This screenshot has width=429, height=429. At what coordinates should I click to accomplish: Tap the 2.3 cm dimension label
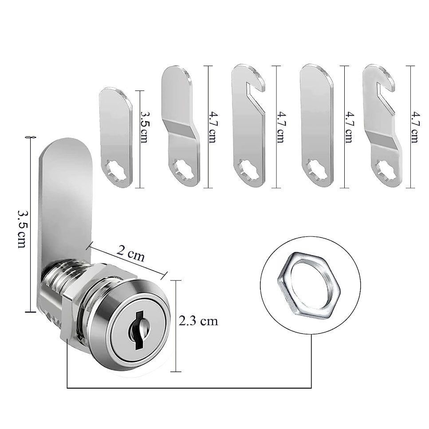(198, 321)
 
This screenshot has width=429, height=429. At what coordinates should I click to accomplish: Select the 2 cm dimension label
(130, 253)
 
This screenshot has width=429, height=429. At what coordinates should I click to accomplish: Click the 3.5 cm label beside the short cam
(144, 126)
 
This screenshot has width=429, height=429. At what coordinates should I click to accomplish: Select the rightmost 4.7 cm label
(415, 127)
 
